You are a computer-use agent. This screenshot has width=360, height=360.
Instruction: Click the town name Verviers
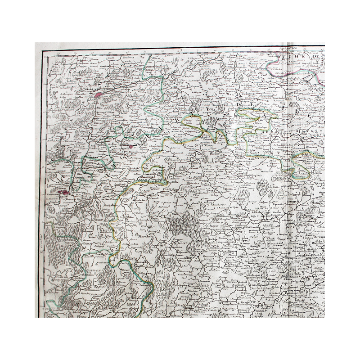tap(297, 82)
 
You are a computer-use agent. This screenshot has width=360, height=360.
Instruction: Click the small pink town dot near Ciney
tap(131, 146)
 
